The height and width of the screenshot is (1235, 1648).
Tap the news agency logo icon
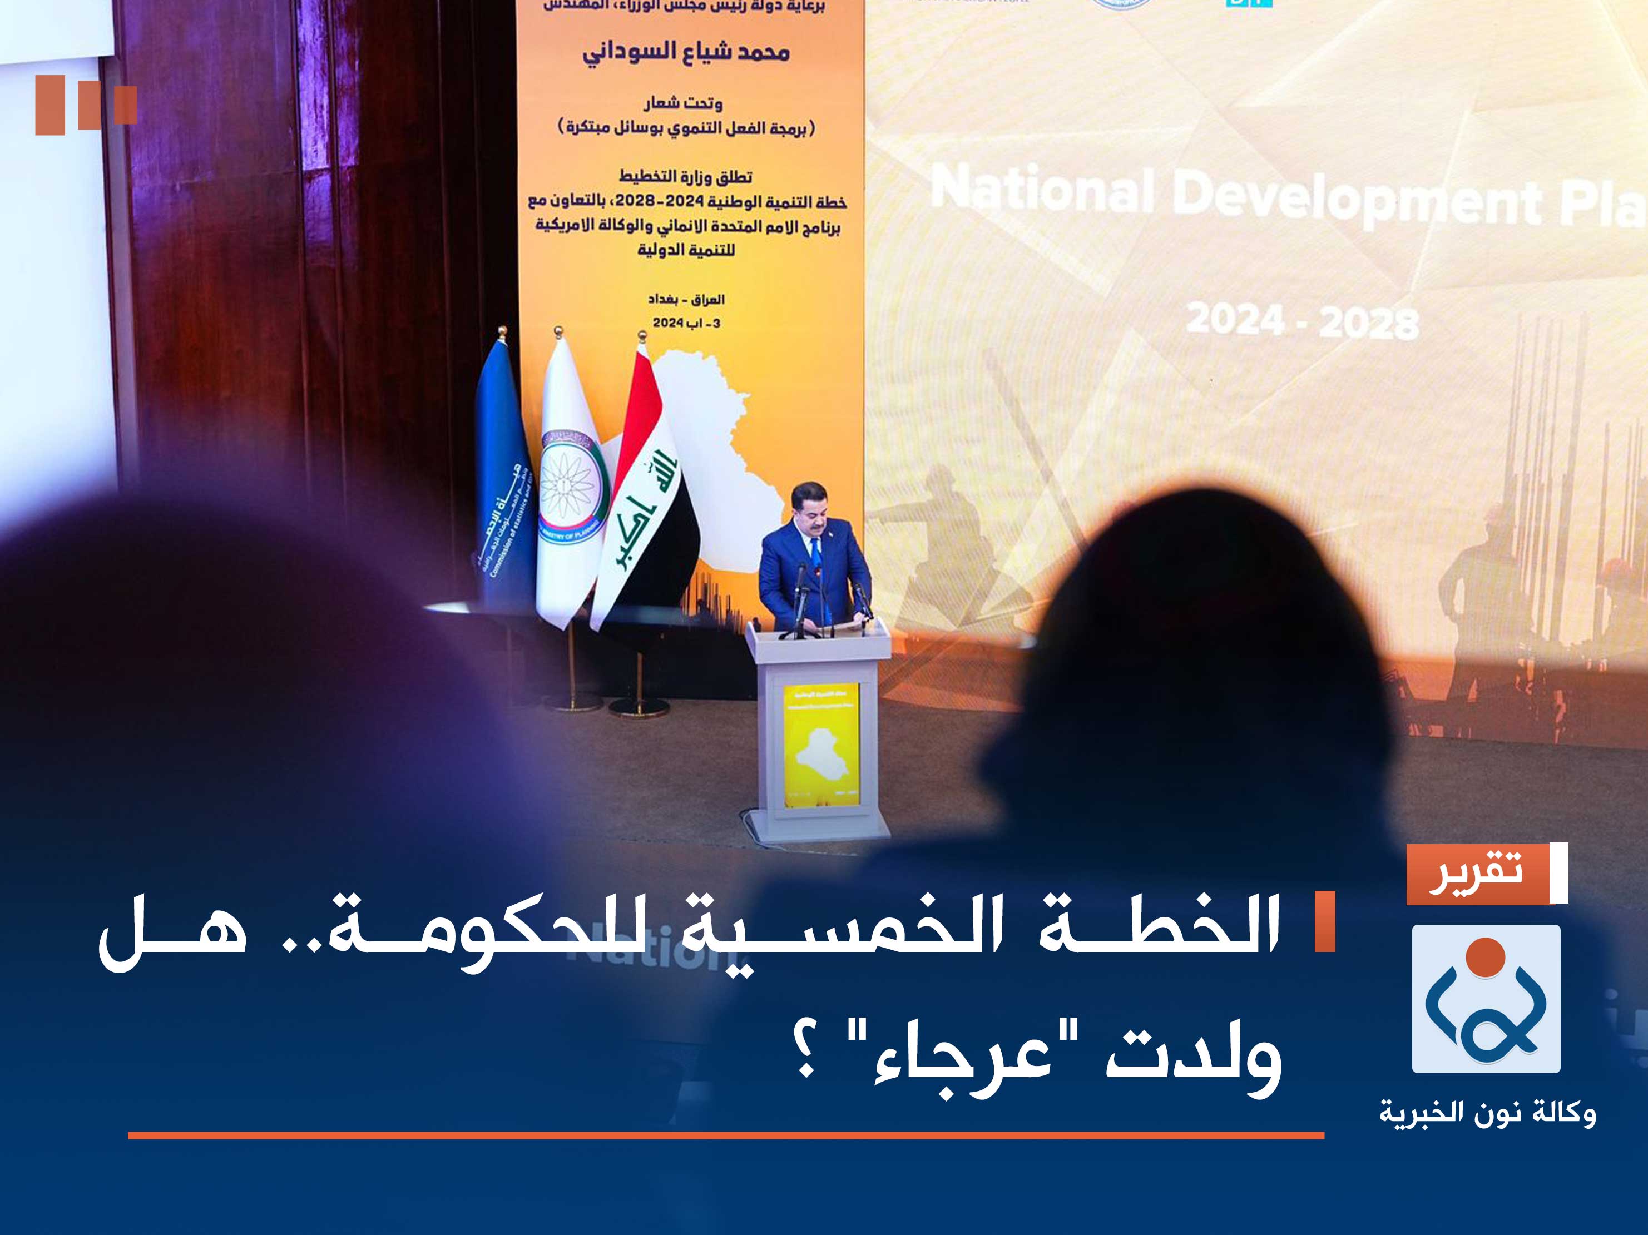[1486, 999]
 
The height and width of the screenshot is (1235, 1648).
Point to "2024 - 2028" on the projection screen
[1302, 322]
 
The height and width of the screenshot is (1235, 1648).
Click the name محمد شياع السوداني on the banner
[685, 52]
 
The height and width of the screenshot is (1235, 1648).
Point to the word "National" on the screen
[1043, 190]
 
